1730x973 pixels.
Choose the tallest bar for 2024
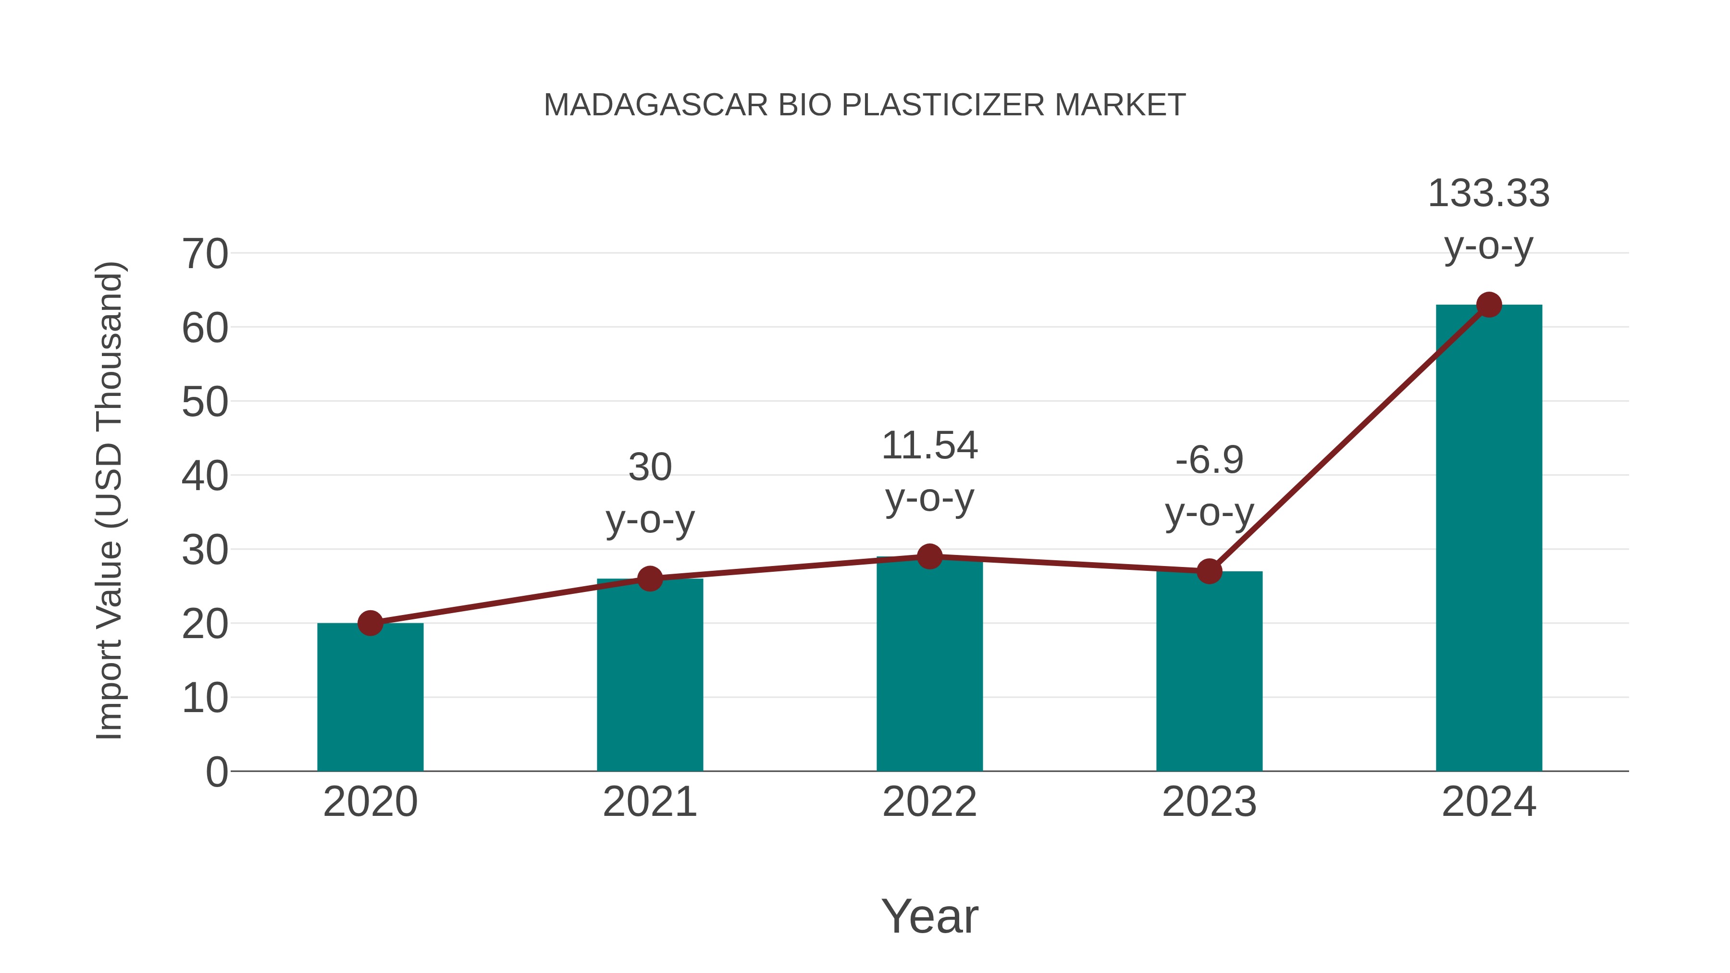click(1489, 537)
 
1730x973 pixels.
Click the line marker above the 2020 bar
click(370, 623)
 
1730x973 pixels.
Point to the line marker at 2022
click(929, 557)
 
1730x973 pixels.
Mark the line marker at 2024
click(1489, 305)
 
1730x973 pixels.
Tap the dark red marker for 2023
click(1209, 571)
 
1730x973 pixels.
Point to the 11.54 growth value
click(929, 446)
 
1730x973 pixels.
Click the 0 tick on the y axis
click(216, 772)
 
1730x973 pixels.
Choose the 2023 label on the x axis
click(1209, 802)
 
